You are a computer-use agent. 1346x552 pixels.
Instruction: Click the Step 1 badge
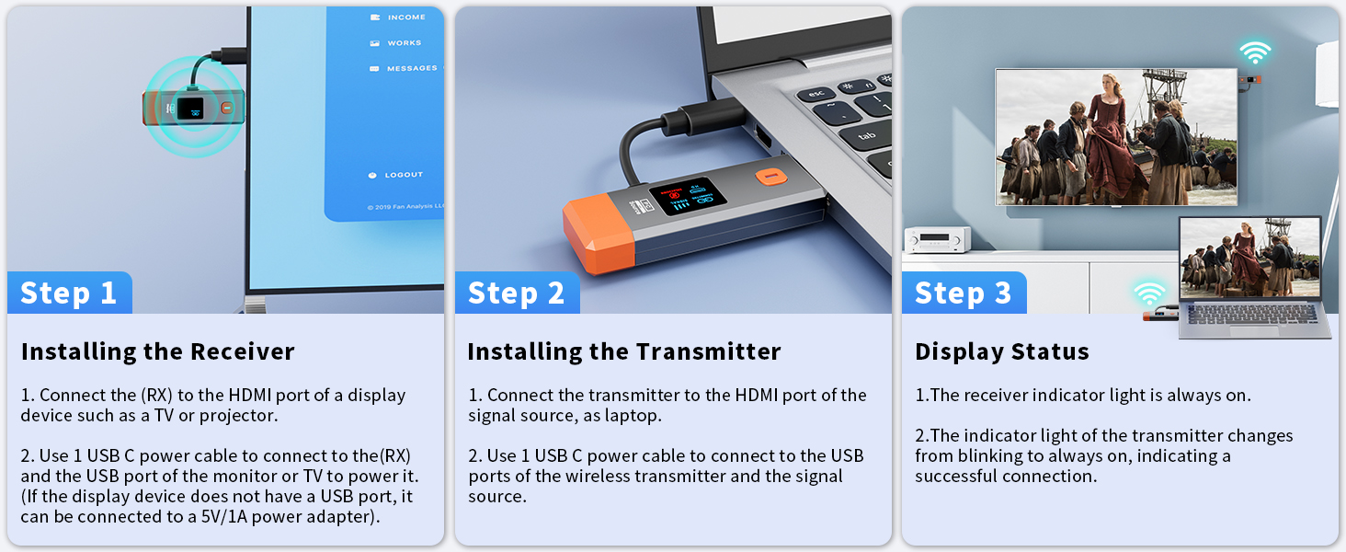click(x=69, y=293)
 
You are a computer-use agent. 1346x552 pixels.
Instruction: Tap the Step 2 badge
click(x=516, y=293)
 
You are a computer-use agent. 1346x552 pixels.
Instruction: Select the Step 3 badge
click(x=963, y=293)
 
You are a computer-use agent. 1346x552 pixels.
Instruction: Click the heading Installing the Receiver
click(x=157, y=351)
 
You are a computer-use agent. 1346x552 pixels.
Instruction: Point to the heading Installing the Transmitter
click(x=623, y=351)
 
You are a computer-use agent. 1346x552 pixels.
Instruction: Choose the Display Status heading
click(x=1001, y=351)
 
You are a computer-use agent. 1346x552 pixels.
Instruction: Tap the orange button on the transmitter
click(x=769, y=175)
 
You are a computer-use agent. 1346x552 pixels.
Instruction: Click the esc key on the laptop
click(x=815, y=94)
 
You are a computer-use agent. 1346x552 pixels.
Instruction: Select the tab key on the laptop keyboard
click(x=865, y=136)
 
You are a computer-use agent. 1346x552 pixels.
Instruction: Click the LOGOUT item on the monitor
click(x=404, y=175)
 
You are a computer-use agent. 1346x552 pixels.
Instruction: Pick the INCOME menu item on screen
click(x=405, y=17)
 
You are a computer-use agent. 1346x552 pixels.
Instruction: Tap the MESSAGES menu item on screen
click(x=411, y=68)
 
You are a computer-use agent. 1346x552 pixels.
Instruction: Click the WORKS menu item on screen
click(x=404, y=43)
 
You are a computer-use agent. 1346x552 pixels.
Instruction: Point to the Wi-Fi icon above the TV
click(x=1254, y=52)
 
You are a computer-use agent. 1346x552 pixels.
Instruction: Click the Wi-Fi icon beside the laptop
click(x=1148, y=294)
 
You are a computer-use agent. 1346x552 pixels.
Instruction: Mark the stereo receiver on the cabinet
click(x=938, y=240)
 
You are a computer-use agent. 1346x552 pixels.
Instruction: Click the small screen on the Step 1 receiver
click(x=191, y=108)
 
